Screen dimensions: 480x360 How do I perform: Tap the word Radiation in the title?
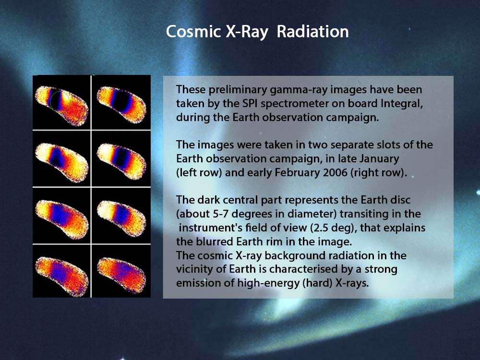[312, 32]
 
